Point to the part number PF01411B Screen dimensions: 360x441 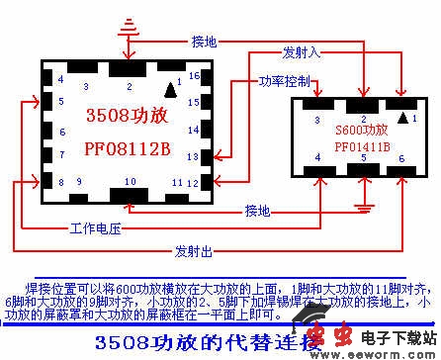click(362, 147)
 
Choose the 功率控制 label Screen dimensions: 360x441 click(285, 80)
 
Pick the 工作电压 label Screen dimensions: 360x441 click(95, 228)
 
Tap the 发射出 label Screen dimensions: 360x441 click(194, 249)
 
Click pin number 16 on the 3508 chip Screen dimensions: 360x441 click(194, 75)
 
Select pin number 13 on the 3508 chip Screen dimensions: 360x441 click(194, 154)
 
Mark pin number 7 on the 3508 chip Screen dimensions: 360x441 click(61, 156)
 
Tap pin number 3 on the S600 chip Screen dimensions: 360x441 click(316, 121)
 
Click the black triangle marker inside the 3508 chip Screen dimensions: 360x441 click(171, 90)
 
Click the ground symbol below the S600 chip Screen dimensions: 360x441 click(366, 206)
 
